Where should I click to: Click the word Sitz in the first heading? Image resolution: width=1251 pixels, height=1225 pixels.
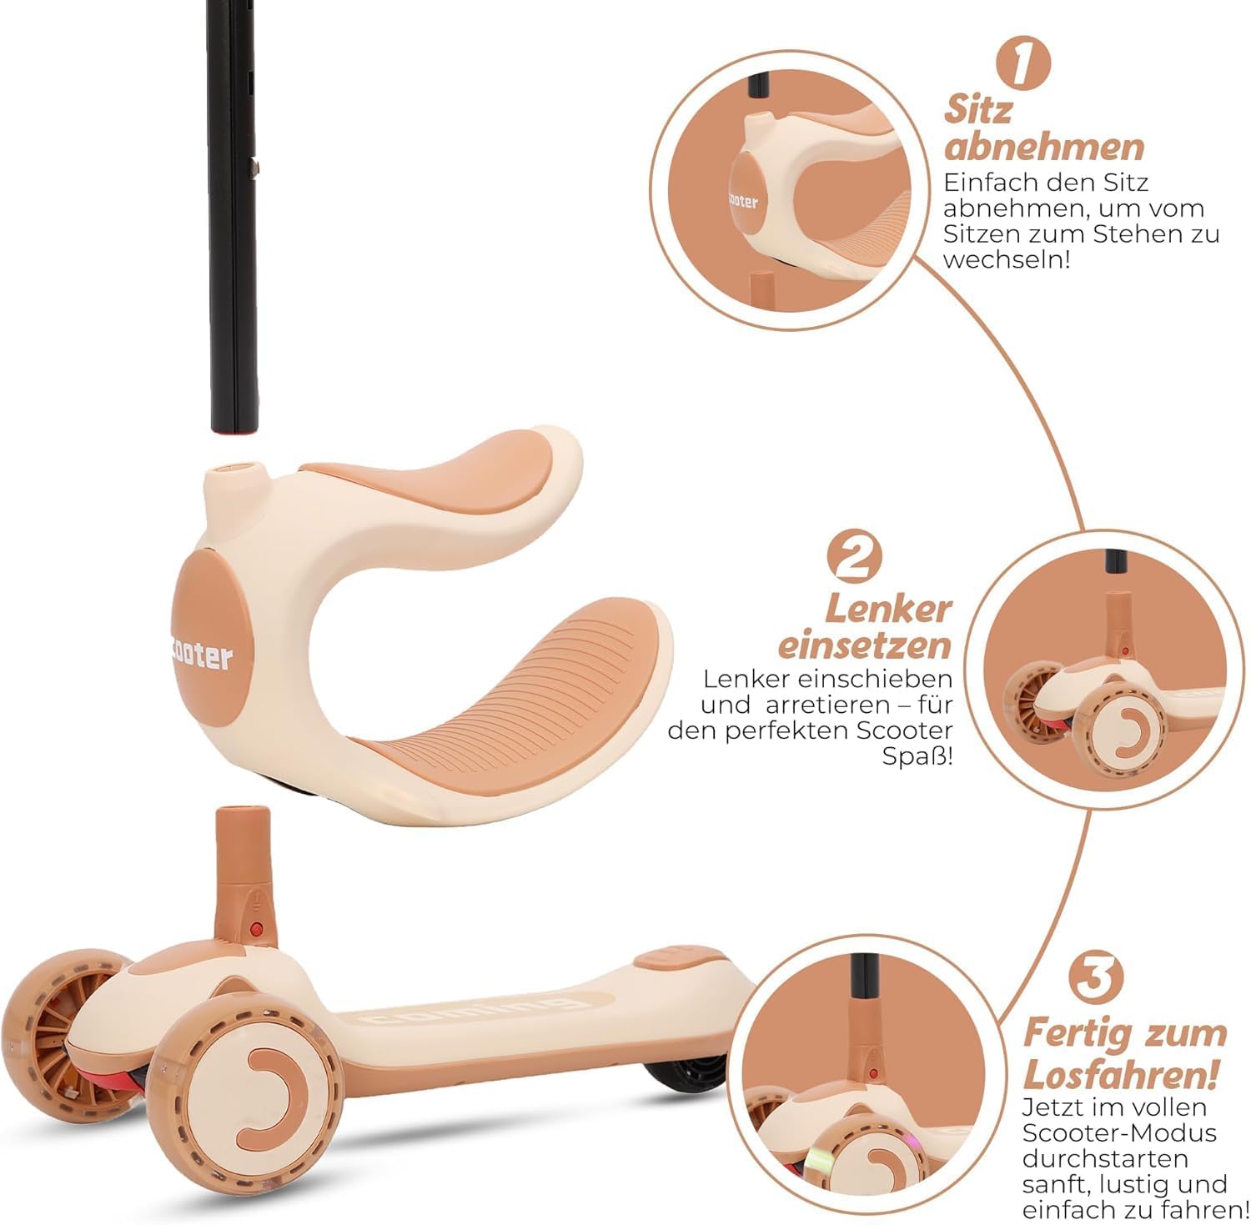click(978, 109)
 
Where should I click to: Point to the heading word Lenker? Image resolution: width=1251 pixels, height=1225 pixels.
click(887, 609)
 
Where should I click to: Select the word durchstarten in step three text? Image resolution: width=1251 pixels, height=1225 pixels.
click(1105, 1159)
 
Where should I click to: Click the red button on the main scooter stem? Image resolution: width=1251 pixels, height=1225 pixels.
click(257, 928)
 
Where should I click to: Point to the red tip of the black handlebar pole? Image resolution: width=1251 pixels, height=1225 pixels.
click(234, 430)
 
